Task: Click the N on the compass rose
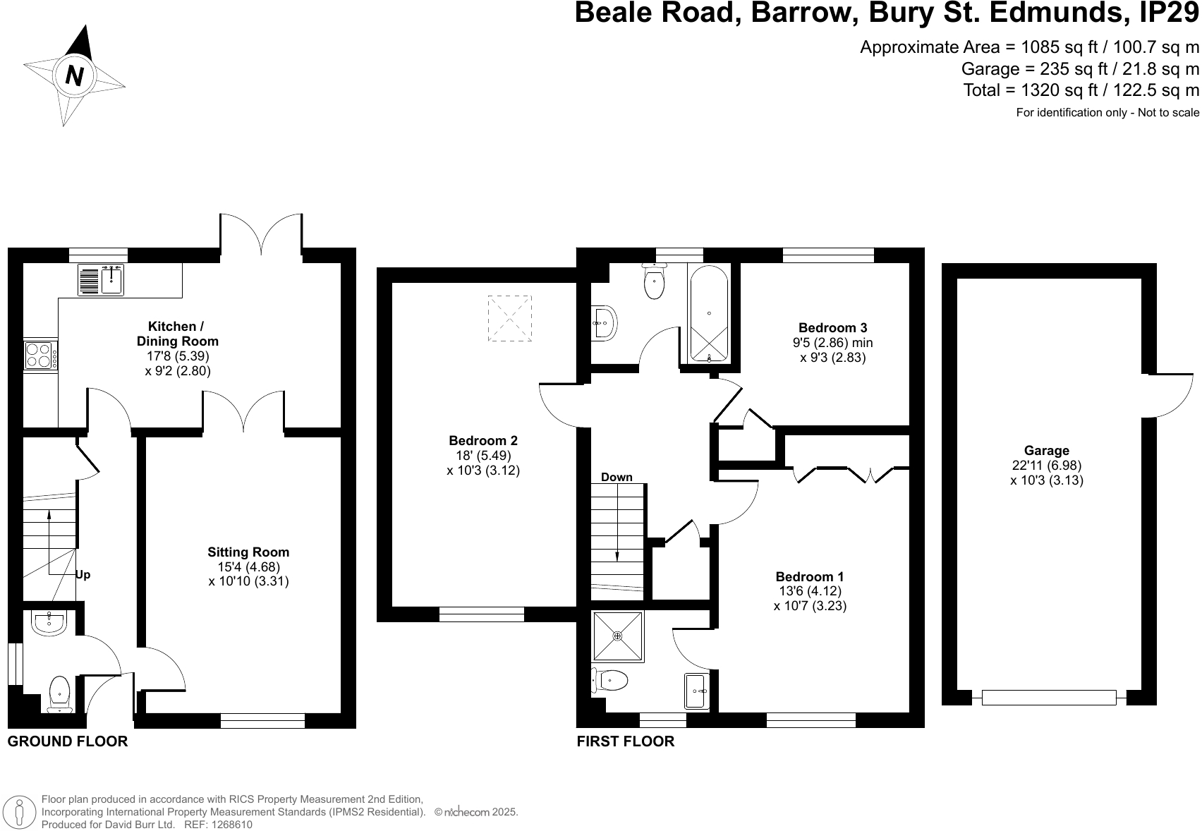pos(74,75)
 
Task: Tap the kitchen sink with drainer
pos(100,279)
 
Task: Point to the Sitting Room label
pos(248,552)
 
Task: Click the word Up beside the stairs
pos(83,575)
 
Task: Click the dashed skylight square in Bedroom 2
pos(509,319)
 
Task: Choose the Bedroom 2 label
pos(482,441)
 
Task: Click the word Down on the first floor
pos(617,478)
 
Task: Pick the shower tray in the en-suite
pos(618,636)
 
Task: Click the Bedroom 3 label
pos(832,328)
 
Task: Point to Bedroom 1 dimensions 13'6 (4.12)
pos(809,591)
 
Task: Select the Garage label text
pos(1046,451)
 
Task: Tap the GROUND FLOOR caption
pos(68,741)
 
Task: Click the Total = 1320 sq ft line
pos(1081,90)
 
